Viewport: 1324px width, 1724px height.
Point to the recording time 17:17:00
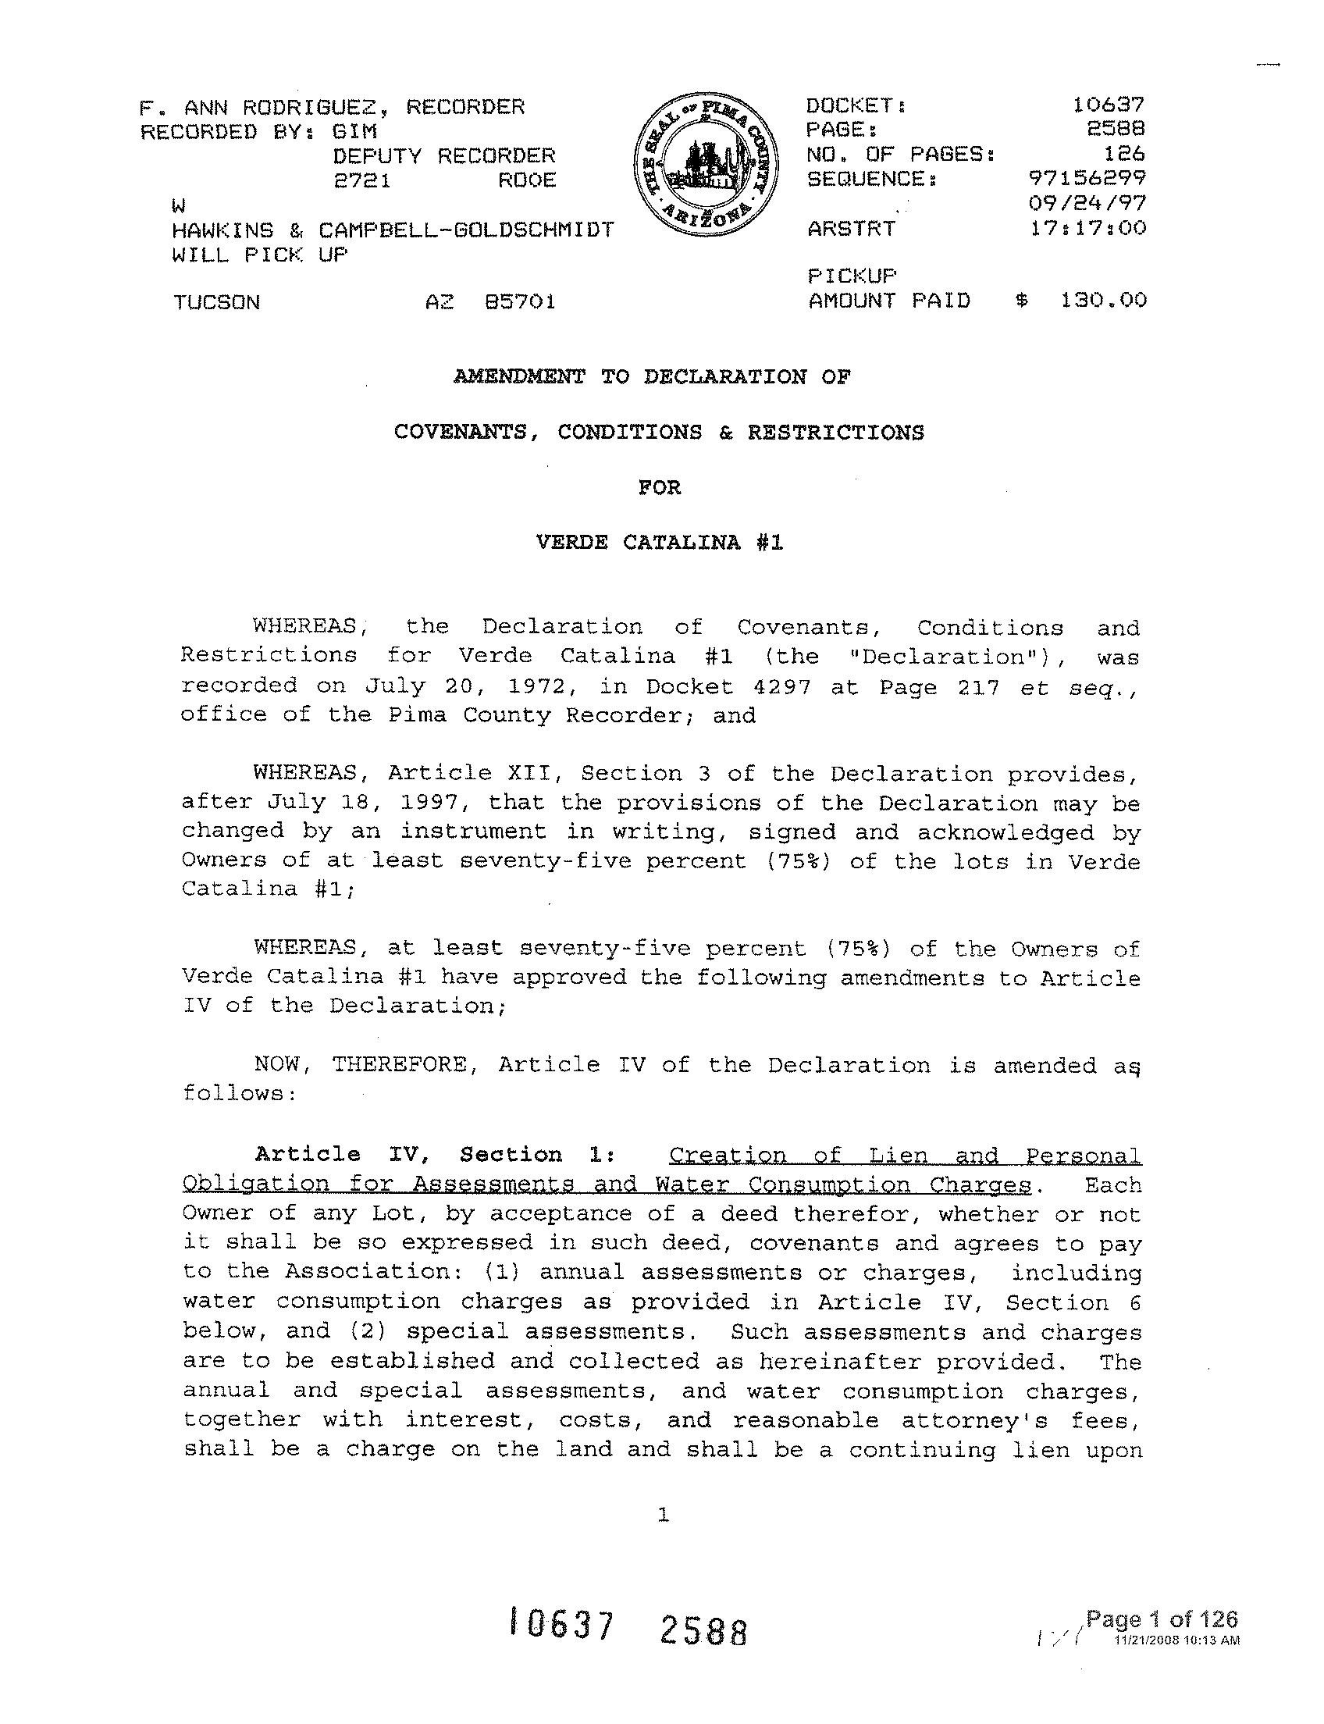pos(1087,229)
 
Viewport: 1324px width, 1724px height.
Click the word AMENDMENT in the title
pos(519,377)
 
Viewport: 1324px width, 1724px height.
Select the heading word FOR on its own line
pos(660,487)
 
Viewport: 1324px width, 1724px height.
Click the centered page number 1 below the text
pos(663,1514)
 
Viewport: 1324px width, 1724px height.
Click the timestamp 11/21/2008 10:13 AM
pos(1176,1640)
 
